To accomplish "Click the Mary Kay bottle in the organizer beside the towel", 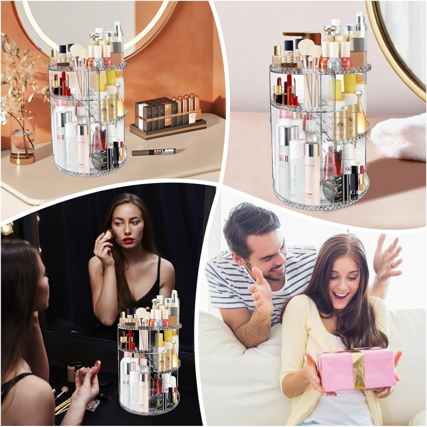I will point(297,165).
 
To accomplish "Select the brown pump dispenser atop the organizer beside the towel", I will point(303,37).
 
